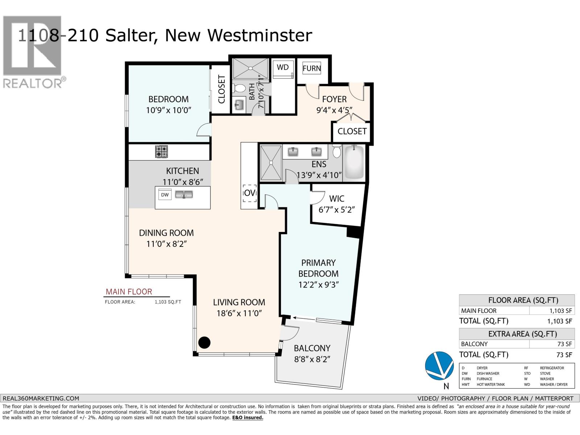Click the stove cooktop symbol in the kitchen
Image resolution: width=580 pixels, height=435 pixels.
click(x=162, y=152)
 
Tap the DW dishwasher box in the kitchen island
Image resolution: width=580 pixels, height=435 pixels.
click(x=165, y=195)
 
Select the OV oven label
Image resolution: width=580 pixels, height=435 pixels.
click(x=249, y=193)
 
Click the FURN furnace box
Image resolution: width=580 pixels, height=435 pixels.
click(x=312, y=68)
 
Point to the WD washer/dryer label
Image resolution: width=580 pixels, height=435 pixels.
click(x=283, y=67)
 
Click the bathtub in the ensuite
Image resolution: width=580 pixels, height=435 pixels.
click(x=353, y=162)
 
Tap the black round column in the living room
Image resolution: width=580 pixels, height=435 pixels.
click(x=204, y=342)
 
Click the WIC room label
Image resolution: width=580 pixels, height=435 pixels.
click(x=336, y=199)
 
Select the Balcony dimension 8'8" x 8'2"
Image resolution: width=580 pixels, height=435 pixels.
click(x=312, y=360)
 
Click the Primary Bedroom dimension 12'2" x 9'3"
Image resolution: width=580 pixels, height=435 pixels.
click(x=318, y=285)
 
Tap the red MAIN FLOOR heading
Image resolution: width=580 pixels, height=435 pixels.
click(x=129, y=291)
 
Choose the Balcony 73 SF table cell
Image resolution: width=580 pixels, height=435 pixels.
click(x=551, y=344)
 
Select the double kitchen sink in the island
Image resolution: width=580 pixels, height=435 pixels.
click(x=184, y=195)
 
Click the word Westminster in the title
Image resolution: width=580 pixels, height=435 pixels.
click(x=259, y=36)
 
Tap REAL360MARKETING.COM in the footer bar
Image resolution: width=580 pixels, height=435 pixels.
click(x=41, y=398)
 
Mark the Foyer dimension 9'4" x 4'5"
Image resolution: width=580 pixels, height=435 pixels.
click(x=334, y=110)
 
